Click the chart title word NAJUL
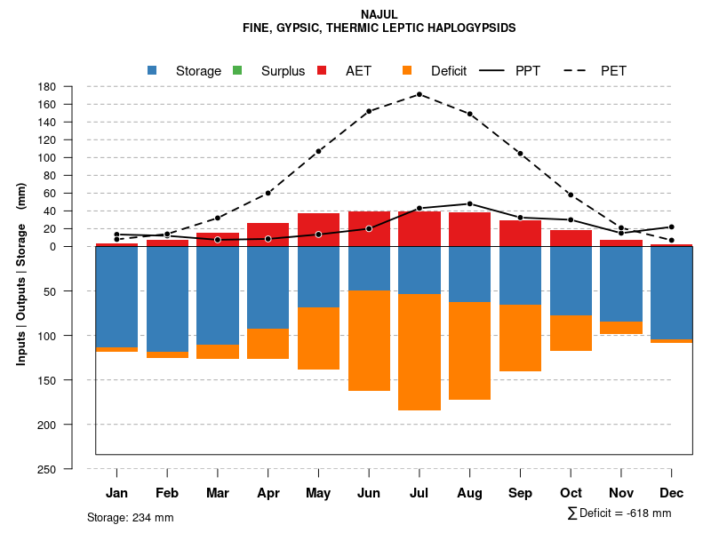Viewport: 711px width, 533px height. point(379,14)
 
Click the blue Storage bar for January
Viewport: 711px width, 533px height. point(116,297)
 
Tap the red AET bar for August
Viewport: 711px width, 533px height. point(469,229)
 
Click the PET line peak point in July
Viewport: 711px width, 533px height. point(419,94)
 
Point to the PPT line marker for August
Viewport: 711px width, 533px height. point(469,203)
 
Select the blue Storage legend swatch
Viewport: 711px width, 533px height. point(152,70)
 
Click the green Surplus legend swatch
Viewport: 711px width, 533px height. point(237,70)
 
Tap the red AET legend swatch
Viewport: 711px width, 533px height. point(323,70)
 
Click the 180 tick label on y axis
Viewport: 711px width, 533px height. point(48,87)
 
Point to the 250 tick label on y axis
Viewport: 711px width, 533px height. point(48,469)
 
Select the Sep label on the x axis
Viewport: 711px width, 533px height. point(520,493)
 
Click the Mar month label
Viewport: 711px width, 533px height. point(218,493)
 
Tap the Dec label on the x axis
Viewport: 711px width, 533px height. point(671,493)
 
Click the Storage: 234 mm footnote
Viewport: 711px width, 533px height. point(130,517)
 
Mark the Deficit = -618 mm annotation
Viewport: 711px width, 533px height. point(619,513)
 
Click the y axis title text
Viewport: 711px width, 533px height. point(21,274)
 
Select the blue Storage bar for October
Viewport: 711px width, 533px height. point(571,281)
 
